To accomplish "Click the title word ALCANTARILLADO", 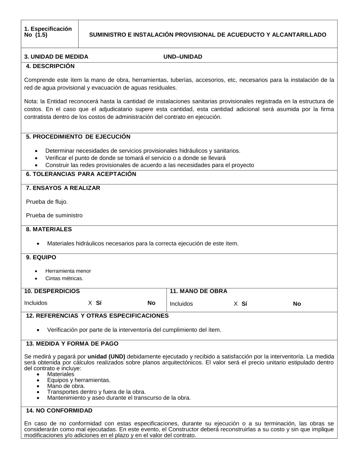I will pyautogui.click(x=299, y=35).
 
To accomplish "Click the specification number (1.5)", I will pyautogui.click(x=41, y=35).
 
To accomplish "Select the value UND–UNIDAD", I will pyautogui.click(x=183, y=57).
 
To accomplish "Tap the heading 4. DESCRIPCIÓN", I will pyautogui.click(x=50, y=66).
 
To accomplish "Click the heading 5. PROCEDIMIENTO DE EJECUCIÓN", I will pyautogui.click(x=78, y=137).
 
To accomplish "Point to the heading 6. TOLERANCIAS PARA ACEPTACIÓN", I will pyautogui.click(x=81, y=174).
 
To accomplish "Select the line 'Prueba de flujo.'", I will pyautogui.click(x=47, y=202).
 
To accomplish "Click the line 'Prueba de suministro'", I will pyautogui.click(x=54, y=216).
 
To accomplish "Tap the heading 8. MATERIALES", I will pyautogui.click(x=49, y=229).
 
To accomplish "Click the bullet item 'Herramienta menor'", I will pyautogui.click(x=68, y=271).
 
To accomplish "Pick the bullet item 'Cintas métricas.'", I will pyautogui.click(x=64, y=278).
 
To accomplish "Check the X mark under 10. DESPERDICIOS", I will pyautogui.click(x=90, y=303).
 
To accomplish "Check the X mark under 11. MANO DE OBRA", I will pyautogui.click(x=236, y=304).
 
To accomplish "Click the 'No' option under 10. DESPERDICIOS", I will pyautogui.click(x=151, y=303).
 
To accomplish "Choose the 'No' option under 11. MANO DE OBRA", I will pyautogui.click(x=297, y=304).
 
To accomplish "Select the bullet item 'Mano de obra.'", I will pyautogui.click(x=66, y=386).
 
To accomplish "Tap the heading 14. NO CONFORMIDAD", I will pyautogui.click(x=59, y=411).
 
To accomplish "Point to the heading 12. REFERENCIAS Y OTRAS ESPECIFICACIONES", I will pyautogui.click(x=97, y=316).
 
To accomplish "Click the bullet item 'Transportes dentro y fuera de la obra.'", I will pyautogui.click(x=96, y=392).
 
